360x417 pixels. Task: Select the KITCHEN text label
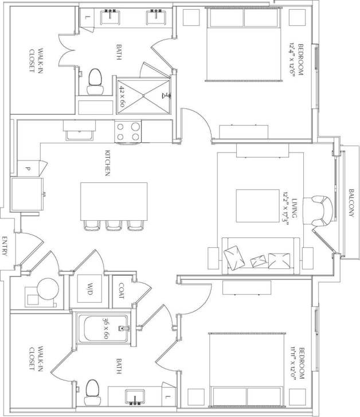coord(107,163)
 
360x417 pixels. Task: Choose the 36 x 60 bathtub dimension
coord(105,328)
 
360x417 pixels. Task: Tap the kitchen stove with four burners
coord(128,132)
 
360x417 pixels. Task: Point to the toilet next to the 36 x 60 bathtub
coord(92,392)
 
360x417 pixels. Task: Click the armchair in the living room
coord(321,211)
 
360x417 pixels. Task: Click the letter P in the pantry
coord(27,169)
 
